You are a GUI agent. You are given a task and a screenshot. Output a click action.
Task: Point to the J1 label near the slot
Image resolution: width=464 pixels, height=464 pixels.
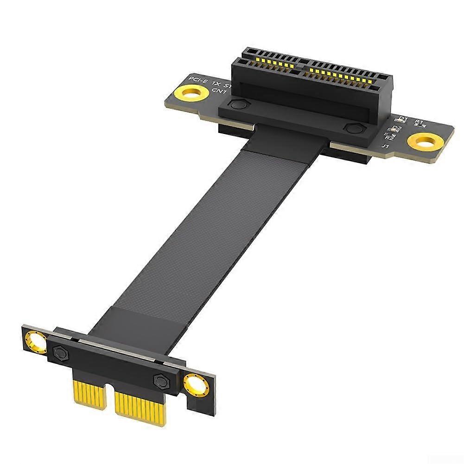(385, 147)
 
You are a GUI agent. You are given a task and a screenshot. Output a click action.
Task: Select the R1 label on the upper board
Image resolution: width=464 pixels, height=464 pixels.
(420, 122)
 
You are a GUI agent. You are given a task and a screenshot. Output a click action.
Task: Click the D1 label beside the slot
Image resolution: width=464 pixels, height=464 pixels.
(403, 119)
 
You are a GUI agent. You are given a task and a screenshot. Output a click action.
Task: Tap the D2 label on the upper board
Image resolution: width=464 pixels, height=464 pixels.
(397, 128)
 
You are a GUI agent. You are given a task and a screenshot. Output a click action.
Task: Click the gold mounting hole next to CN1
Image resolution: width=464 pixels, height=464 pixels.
(190, 94)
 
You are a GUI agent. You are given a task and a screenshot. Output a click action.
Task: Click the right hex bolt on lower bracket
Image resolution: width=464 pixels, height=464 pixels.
(161, 381)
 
